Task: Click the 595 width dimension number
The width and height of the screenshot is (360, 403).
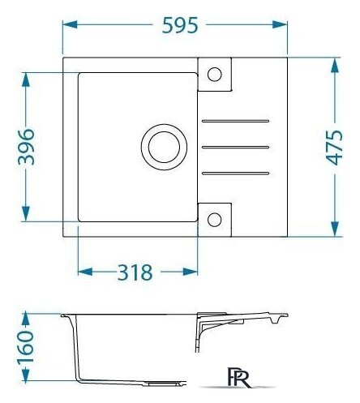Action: pyautogui.click(x=180, y=25)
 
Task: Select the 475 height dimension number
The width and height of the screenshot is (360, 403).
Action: pyautogui.click(x=334, y=148)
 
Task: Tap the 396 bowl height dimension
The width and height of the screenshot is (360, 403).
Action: pyautogui.click(x=26, y=147)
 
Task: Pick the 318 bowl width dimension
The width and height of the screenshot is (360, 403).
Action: pyautogui.click(x=135, y=272)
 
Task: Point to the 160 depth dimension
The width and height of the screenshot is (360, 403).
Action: pyautogui.click(x=25, y=347)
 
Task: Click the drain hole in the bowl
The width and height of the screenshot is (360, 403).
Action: pyautogui.click(x=164, y=147)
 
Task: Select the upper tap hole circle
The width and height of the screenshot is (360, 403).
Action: pyautogui.click(x=215, y=74)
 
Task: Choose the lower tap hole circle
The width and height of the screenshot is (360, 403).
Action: pyautogui.click(x=215, y=220)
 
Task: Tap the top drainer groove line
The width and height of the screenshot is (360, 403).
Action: pyautogui.click(x=235, y=121)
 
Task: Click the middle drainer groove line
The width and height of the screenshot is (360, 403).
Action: pyautogui.click(x=235, y=147)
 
